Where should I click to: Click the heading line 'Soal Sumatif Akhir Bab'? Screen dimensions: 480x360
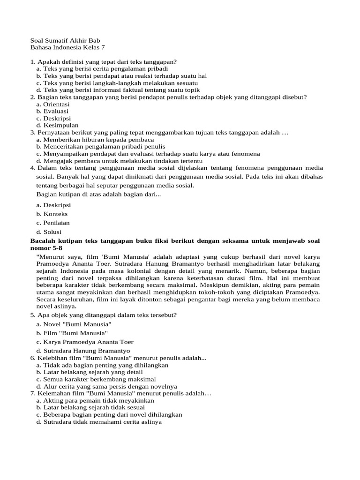coord(65,40)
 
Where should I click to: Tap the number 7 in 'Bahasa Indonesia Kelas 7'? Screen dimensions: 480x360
coord(103,47)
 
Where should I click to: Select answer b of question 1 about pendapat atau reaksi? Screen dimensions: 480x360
coord(121,75)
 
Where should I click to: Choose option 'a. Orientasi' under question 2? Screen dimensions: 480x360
coord(52,104)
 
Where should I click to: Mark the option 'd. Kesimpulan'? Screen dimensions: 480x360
coord(57,125)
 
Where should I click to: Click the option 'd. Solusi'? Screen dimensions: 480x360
coord(48,232)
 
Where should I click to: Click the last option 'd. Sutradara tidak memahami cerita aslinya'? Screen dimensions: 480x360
coord(98,421)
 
